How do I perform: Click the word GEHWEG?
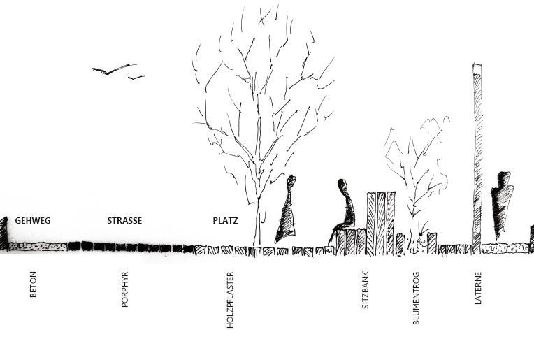tap(33, 221)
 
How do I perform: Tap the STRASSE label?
tap(124, 221)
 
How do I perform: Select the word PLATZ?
tap(226, 221)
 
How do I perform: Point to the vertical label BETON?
tap(33, 285)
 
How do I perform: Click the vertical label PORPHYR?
tap(124, 289)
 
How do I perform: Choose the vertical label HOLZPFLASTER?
tap(230, 300)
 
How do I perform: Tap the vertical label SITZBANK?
tap(365, 290)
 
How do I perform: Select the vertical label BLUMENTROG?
tap(416, 298)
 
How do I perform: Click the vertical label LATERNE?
tap(478, 288)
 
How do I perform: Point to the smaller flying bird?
tap(136, 78)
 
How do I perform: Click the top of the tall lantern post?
tap(477, 64)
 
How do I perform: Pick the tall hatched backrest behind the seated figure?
tap(381, 223)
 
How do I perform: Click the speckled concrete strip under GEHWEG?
tap(38, 247)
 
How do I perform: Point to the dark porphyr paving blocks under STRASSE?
tap(131, 247)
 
